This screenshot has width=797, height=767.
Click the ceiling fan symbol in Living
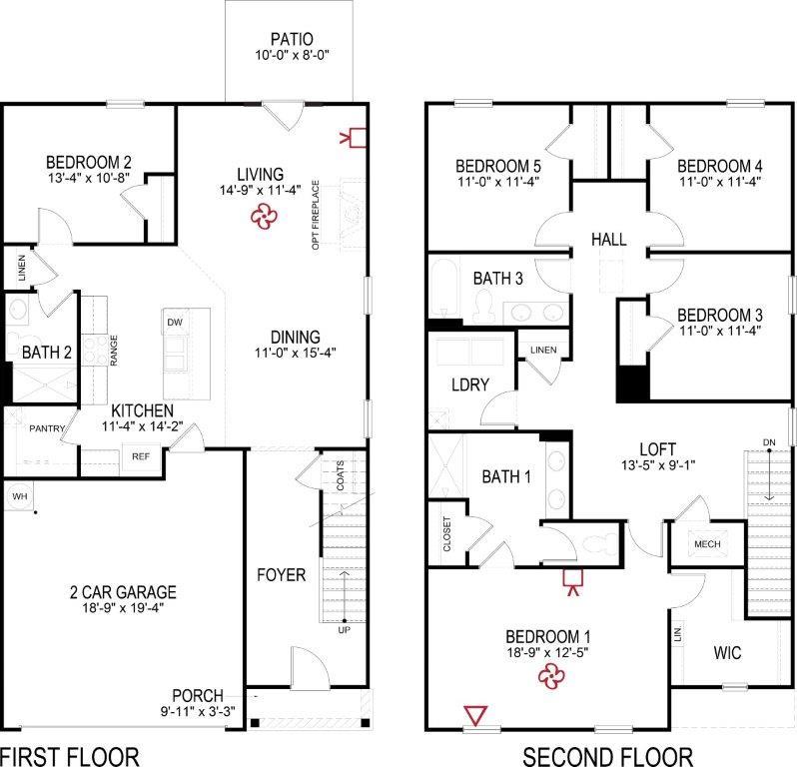264,215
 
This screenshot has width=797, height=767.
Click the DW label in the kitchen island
174,322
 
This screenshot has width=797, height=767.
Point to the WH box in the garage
19,495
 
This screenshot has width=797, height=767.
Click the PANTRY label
47,429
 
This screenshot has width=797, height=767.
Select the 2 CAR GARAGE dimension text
118,606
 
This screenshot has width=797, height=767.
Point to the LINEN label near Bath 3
544,350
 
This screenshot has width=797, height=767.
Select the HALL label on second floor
608,240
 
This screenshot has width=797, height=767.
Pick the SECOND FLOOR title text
608,754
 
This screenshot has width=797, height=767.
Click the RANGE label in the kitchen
114,349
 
